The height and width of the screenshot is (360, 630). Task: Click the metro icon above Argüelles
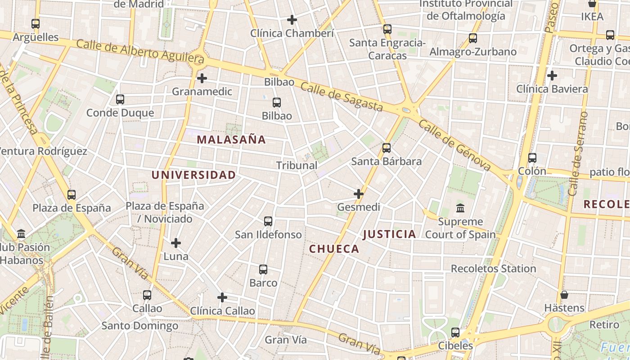tap(36, 23)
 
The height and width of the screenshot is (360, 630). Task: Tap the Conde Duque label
tap(120, 112)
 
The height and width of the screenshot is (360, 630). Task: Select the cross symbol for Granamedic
tap(202, 78)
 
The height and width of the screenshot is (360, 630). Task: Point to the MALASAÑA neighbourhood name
tap(231, 139)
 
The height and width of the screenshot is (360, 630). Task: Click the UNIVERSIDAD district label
tap(193, 175)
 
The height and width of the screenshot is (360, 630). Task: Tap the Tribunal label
tap(297, 165)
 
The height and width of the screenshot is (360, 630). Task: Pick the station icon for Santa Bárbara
tap(386, 148)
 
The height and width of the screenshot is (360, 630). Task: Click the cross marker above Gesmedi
tap(359, 194)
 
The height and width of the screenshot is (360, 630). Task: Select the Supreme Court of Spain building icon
tap(460, 208)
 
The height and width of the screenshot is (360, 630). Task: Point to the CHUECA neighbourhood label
tap(334, 249)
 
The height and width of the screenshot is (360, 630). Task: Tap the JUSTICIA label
tap(389, 234)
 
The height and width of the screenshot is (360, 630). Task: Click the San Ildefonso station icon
tap(268, 221)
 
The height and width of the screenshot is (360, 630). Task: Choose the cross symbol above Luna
tap(176, 243)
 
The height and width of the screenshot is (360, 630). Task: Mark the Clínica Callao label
tap(222, 311)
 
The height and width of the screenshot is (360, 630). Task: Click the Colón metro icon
tap(532, 157)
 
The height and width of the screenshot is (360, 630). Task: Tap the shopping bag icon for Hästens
tap(564, 295)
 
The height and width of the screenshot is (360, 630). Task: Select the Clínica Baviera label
tap(552, 89)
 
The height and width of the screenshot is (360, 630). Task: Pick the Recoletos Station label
tap(493, 269)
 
